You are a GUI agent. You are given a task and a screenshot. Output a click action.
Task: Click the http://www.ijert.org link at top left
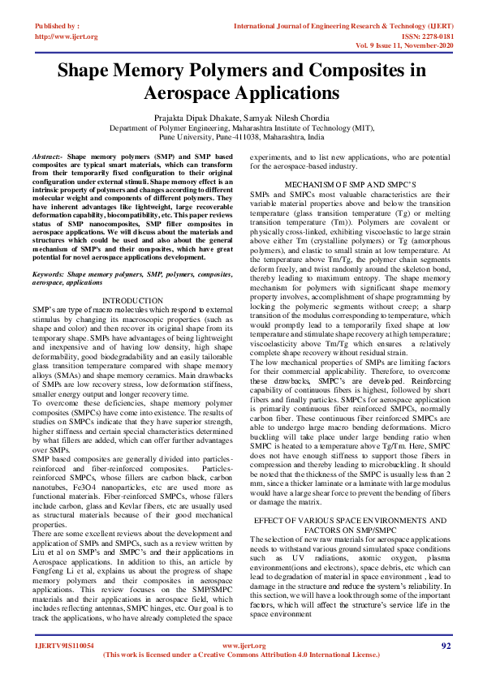(x=67, y=37)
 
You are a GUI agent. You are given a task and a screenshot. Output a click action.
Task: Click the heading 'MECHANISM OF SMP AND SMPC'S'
(x=350, y=184)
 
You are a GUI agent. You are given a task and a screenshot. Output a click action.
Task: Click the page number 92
(x=445, y=646)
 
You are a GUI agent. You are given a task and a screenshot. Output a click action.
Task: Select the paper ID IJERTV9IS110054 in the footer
(x=65, y=646)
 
